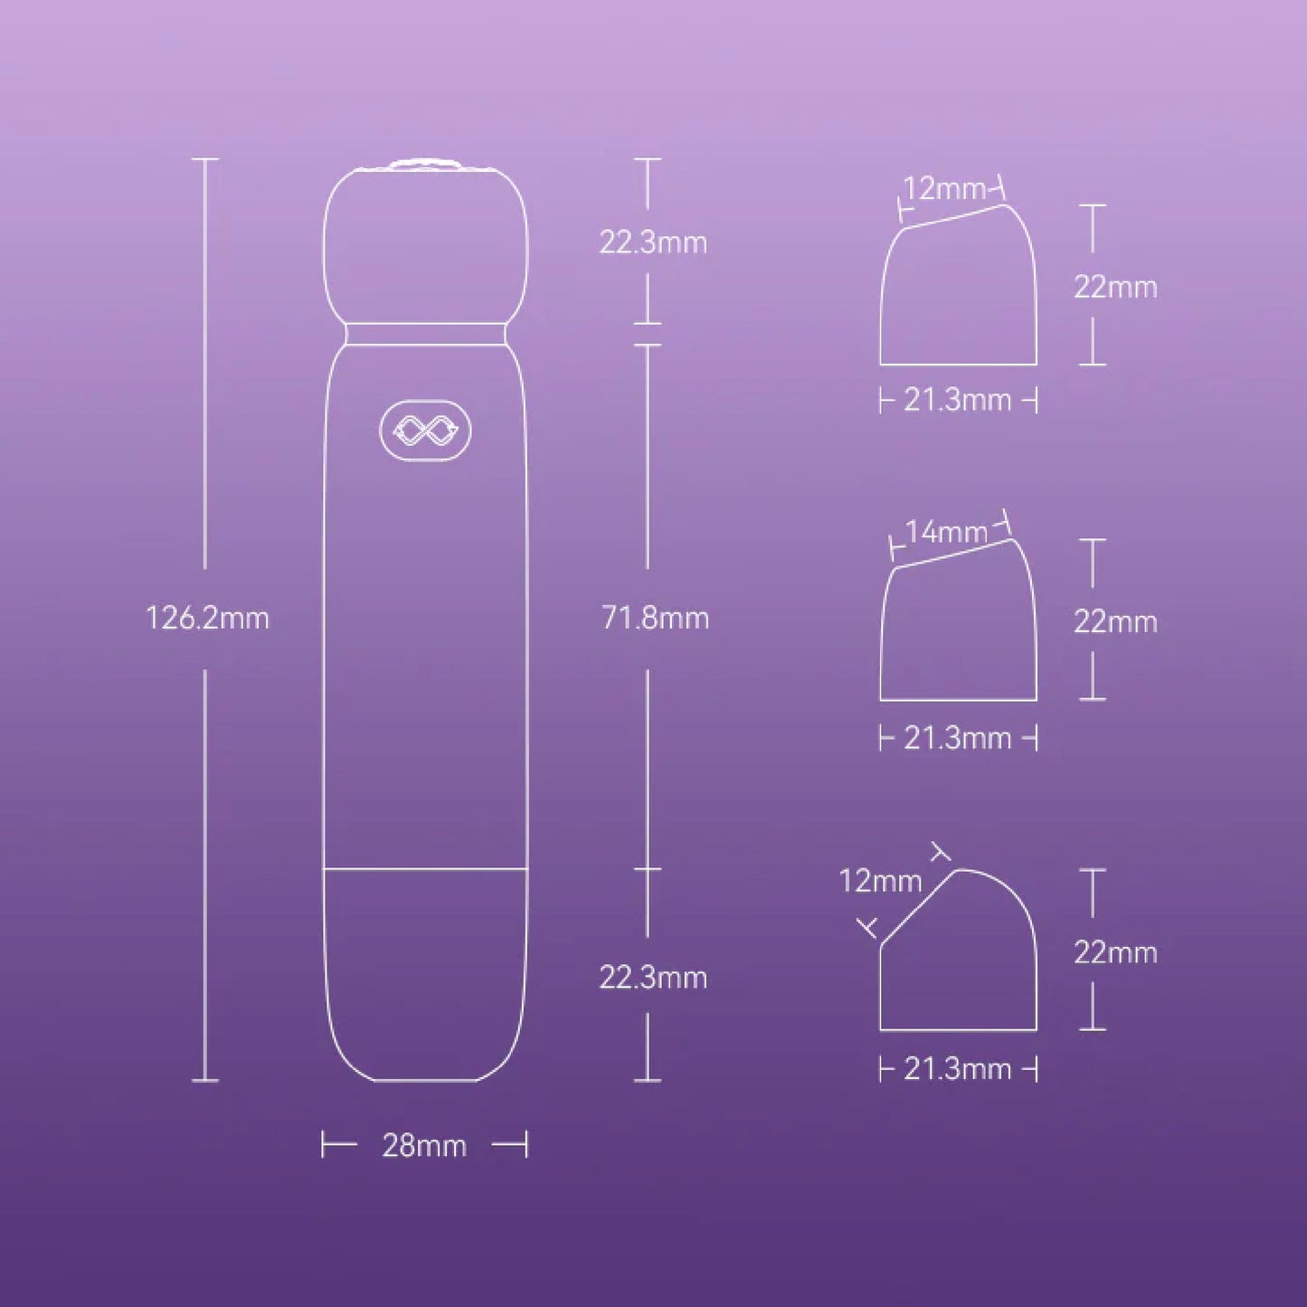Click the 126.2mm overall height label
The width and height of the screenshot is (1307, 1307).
tap(207, 619)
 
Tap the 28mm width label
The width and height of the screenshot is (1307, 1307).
tap(424, 1146)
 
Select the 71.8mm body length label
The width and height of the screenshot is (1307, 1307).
tap(655, 619)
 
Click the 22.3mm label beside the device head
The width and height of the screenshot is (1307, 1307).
tap(653, 242)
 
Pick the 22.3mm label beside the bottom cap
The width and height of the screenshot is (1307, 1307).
tap(653, 978)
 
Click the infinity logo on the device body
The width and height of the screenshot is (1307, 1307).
tap(425, 432)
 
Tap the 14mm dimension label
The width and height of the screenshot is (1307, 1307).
tap(946, 532)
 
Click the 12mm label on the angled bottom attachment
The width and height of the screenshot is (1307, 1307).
tap(880, 880)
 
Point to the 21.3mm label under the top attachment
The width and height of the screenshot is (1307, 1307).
tap(958, 400)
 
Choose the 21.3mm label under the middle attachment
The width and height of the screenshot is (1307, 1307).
tap(958, 738)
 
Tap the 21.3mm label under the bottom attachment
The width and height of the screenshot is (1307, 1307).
tap(958, 1069)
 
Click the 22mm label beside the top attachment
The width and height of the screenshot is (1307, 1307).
tap(1115, 287)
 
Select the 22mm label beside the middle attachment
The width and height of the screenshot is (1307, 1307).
tap(1115, 621)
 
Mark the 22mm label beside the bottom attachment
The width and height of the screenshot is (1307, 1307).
tap(1115, 952)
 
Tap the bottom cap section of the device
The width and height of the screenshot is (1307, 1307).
tap(425, 972)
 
